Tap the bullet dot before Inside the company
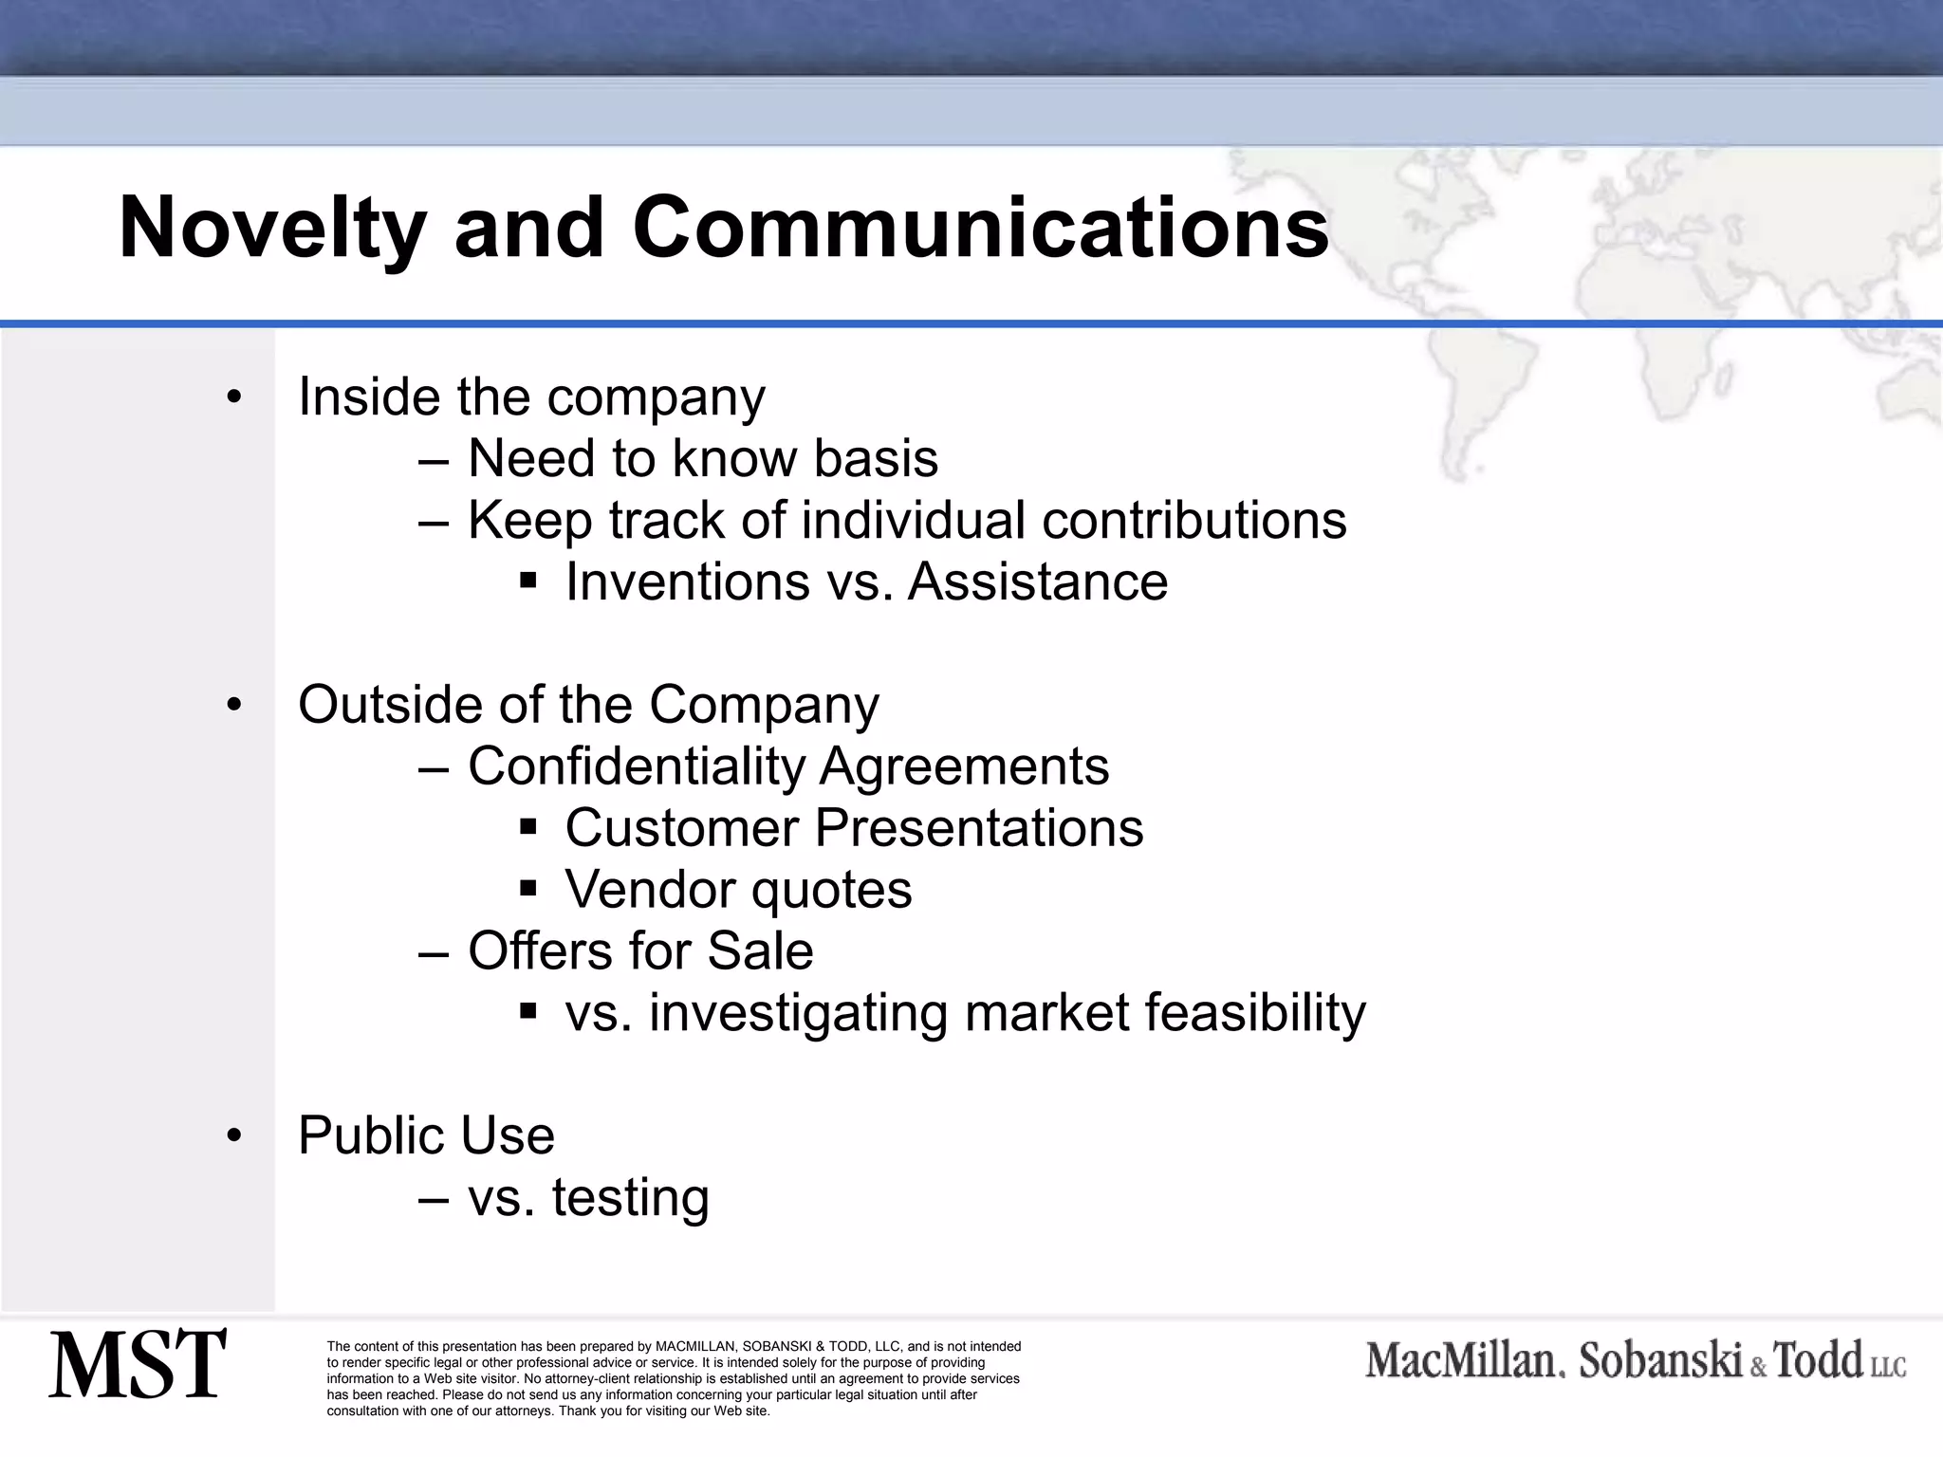coord(234,397)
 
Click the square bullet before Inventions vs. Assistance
coord(528,580)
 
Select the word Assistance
coord(1038,581)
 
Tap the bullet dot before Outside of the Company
coord(234,705)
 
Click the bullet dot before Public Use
coord(234,1135)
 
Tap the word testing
coord(631,1197)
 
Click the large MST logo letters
coord(138,1365)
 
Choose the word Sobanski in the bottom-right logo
coord(1660,1361)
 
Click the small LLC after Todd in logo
coord(1888,1367)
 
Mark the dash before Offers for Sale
coord(433,952)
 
